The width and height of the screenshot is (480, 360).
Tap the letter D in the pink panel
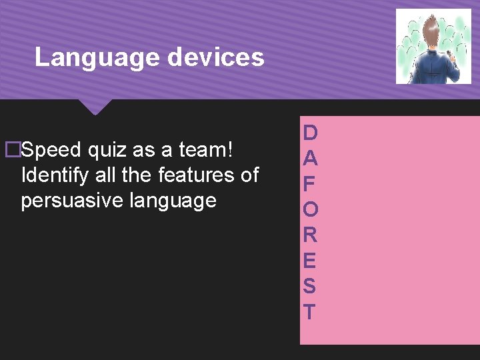(x=310, y=133)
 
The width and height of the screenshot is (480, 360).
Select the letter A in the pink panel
(x=310, y=159)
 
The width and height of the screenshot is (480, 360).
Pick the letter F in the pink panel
(x=310, y=184)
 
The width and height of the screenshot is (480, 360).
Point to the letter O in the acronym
(x=310, y=209)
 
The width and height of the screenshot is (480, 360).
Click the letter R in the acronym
(x=310, y=235)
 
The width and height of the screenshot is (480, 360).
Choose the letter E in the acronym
(x=310, y=260)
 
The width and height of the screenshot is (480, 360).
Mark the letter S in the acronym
(x=310, y=286)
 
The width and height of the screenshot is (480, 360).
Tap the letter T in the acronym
(x=310, y=311)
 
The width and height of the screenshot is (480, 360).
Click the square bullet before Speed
(x=11, y=150)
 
